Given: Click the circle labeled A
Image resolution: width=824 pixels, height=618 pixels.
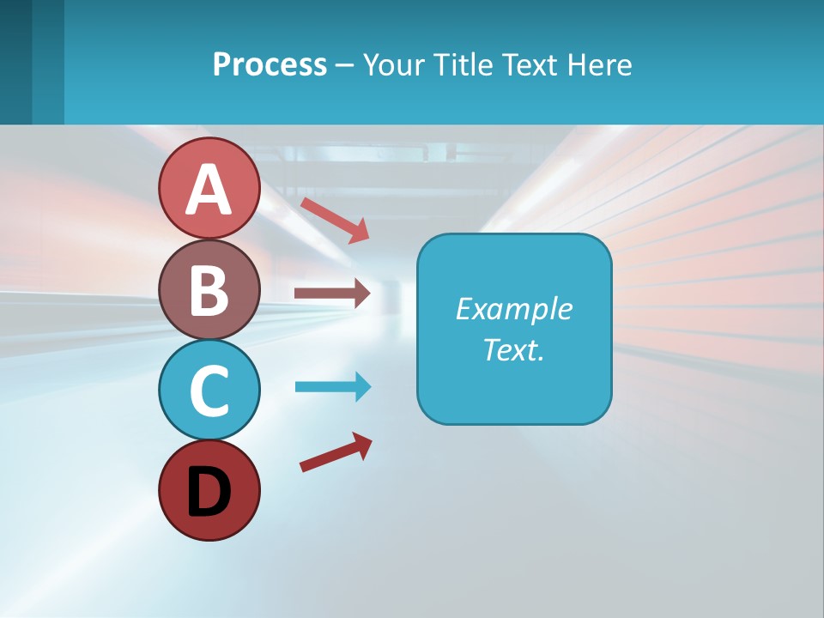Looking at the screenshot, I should click(x=209, y=188).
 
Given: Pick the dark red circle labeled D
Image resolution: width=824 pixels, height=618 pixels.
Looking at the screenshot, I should click(x=209, y=490).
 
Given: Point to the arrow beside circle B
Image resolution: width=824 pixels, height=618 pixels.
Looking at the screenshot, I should click(x=332, y=294).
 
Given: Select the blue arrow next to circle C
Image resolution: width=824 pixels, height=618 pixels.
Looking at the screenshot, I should click(x=332, y=387).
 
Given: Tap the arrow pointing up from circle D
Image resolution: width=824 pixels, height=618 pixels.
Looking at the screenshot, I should click(x=336, y=451).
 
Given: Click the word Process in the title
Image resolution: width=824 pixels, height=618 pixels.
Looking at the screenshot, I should click(x=270, y=64).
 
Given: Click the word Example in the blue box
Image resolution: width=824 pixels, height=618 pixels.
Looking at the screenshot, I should click(x=513, y=309).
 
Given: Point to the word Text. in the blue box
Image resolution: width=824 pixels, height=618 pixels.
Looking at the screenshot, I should click(x=513, y=350).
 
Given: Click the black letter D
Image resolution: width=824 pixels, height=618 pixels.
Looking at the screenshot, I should click(x=209, y=492).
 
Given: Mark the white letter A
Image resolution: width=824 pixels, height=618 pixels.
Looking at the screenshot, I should click(x=209, y=190).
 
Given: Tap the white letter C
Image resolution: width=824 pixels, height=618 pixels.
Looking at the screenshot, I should click(x=209, y=391).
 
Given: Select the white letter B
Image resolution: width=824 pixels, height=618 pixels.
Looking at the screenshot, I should click(x=209, y=290).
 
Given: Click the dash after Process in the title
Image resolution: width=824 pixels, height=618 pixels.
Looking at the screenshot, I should click(x=344, y=65).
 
